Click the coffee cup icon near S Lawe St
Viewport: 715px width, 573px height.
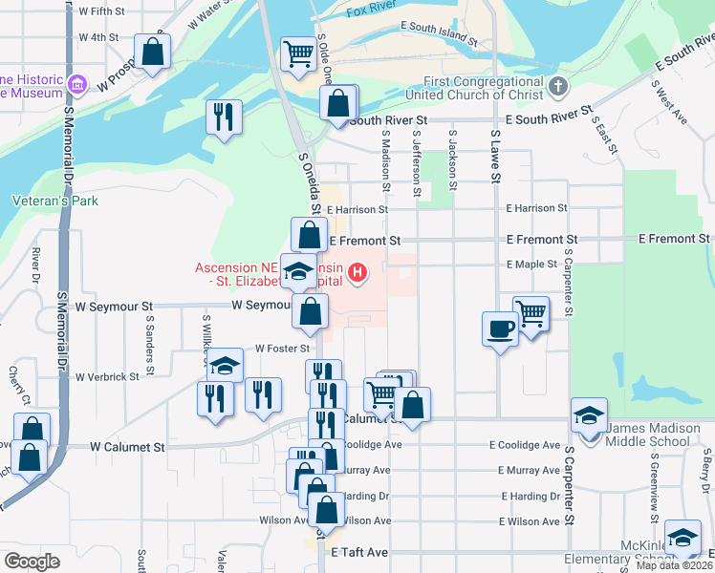(500, 329)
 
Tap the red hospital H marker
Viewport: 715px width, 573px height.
(358, 275)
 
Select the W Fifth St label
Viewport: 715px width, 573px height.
(102, 11)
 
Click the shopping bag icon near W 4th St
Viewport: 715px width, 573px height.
(152, 52)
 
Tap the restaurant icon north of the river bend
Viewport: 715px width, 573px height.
(224, 117)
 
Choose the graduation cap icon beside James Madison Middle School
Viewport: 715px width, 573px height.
(589, 415)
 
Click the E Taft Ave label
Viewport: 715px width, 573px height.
(359, 553)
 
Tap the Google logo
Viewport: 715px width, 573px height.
(32, 561)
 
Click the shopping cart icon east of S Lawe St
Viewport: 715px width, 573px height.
(531, 312)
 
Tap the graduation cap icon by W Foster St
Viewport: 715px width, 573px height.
(225, 365)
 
